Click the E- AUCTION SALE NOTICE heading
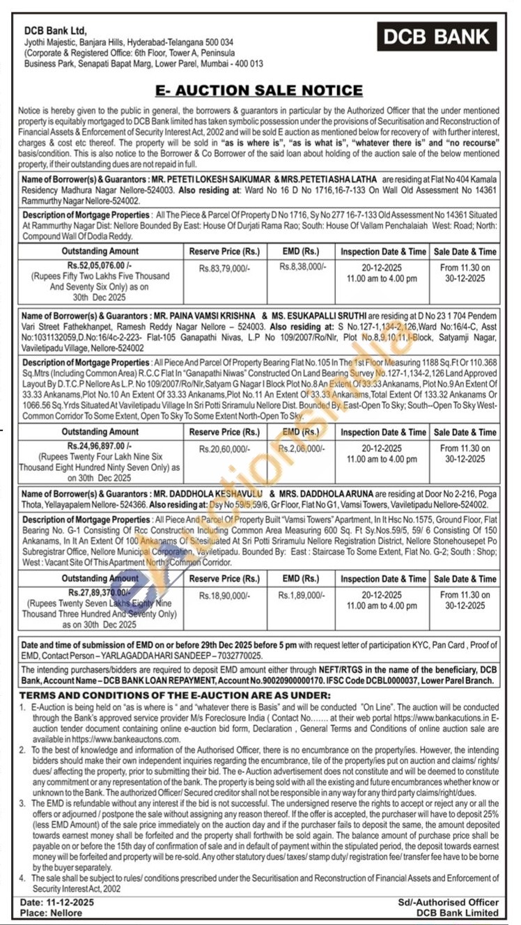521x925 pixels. click(x=259, y=91)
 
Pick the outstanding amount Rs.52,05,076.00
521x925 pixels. click(x=100, y=266)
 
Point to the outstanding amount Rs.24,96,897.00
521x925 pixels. click(x=100, y=444)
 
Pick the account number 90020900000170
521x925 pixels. click(x=313, y=679)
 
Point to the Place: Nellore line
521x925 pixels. click(x=50, y=912)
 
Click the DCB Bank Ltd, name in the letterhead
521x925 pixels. click(x=55, y=31)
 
